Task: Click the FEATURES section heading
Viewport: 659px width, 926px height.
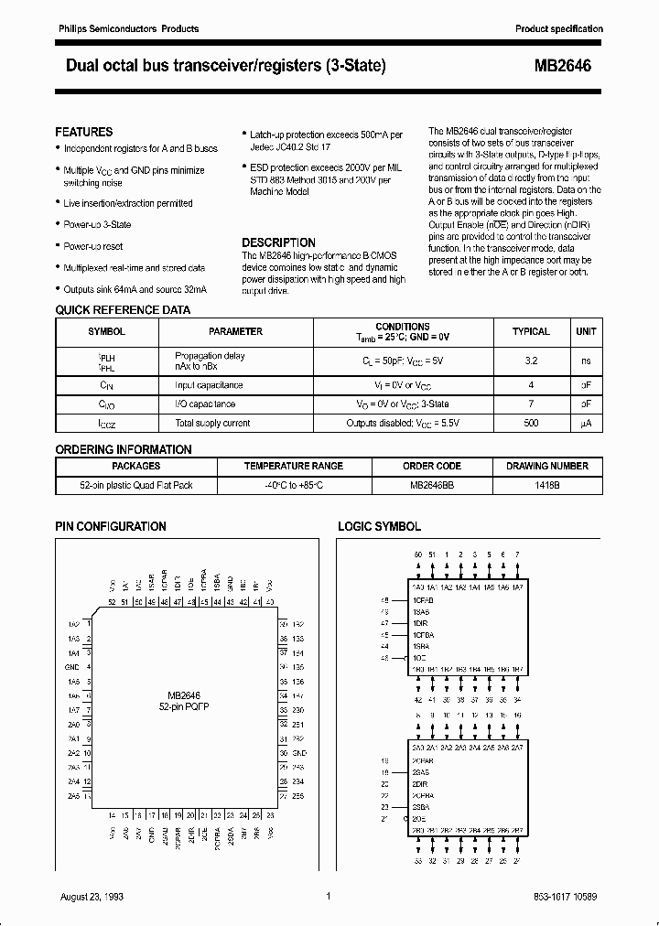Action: [84, 132]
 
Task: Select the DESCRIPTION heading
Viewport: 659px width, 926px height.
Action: [278, 242]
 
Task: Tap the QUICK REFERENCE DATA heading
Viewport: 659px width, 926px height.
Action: [123, 310]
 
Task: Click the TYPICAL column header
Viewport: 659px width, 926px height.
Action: [531, 331]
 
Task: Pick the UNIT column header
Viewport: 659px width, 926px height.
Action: [586, 331]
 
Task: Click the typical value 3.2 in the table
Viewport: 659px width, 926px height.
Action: [531, 361]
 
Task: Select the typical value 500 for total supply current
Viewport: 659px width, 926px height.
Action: [531, 423]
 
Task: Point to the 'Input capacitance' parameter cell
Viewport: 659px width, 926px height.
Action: [209, 385]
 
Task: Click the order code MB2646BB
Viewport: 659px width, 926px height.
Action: [431, 484]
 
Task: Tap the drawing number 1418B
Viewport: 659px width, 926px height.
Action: [547, 484]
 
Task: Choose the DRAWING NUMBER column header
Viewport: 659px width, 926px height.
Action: [547, 466]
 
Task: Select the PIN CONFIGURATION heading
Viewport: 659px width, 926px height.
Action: [111, 526]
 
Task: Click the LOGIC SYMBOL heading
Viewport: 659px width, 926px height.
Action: [380, 526]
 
